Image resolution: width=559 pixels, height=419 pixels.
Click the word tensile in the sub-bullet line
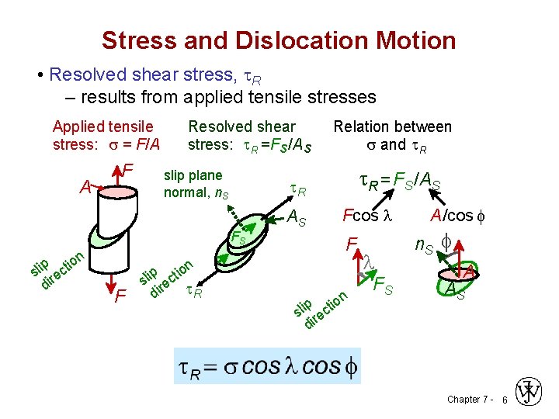[262, 98]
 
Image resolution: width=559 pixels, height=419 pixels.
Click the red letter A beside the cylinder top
[86, 186]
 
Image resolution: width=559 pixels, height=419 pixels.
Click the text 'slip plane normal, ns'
[194, 183]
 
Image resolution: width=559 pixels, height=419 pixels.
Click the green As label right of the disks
[297, 221]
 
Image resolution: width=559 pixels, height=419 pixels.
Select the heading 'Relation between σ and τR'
[392, 135]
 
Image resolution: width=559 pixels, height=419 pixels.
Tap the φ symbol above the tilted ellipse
[446, 242]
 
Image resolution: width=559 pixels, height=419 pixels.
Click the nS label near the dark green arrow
[424, 247]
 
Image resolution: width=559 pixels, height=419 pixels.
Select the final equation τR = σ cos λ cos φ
[265, 367]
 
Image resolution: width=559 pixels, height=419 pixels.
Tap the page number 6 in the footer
[504, 399]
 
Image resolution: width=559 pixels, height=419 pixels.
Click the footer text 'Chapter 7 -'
[469, 399]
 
